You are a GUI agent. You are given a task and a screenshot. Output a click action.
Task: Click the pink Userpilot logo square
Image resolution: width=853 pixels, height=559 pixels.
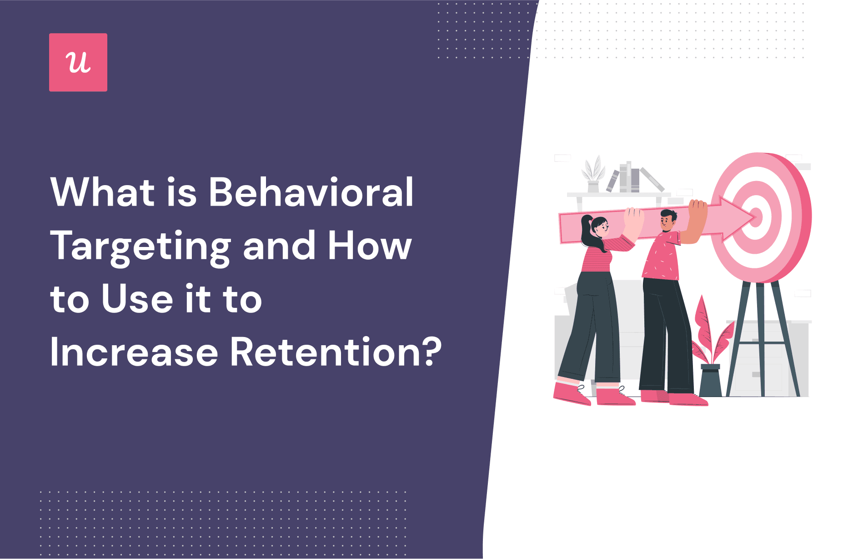tap(78, 62)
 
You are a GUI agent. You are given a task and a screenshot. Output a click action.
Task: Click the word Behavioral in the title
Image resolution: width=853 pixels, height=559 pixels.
tap(311, 192)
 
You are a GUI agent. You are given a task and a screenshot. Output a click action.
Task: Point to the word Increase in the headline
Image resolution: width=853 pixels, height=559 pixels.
tap(134, 352)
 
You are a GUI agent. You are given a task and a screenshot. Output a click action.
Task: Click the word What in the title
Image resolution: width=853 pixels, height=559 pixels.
tap(103, 192)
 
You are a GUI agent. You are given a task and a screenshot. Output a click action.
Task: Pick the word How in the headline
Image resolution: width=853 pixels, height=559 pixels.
tap(369, 246)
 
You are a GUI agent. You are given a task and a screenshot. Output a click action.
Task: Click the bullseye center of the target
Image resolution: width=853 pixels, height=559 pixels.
tap(756, 217)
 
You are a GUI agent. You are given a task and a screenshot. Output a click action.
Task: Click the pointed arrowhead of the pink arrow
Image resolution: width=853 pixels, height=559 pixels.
tap(739, 218)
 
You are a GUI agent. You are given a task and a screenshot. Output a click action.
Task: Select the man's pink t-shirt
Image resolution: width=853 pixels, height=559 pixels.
tap(662, 257)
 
